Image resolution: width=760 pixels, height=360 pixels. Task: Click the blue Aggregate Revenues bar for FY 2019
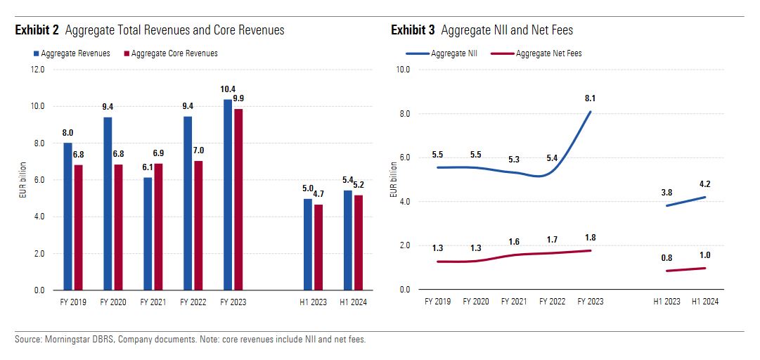click(x=67, y=216)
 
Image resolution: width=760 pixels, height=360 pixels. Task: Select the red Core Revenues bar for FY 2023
click(x=238, y=199)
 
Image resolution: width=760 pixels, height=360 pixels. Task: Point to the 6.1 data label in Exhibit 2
click(x=148, y=169)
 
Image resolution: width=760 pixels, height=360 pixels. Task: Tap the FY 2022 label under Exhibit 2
click(x=193, y=302)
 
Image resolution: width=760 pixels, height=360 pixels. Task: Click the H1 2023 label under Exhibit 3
click(x=666, y=301)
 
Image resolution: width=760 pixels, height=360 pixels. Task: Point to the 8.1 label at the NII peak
click(x=589, y=98)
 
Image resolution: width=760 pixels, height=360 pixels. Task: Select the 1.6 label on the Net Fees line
click(x=514, y=242)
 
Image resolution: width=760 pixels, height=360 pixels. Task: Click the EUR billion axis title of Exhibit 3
click(x=393, y=179)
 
